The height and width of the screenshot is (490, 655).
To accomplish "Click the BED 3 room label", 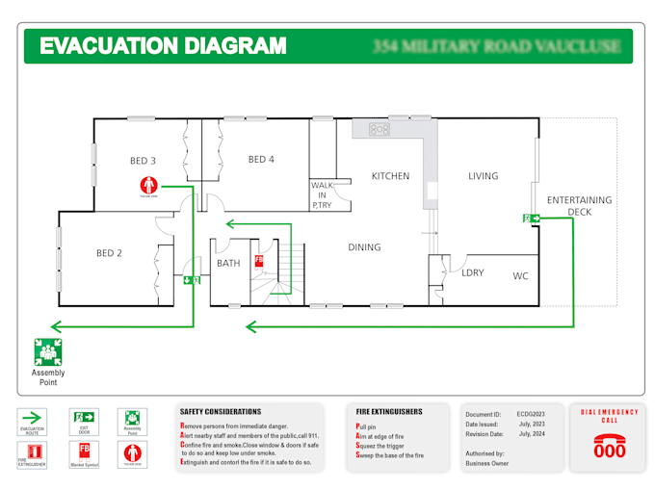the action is click(x=143, y=160).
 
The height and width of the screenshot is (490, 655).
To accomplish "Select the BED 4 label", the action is click(x=261, y=159).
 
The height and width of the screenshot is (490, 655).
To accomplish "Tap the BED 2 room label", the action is click(x=109, y=253).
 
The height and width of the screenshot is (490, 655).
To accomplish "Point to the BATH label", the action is click(x=228, y=263).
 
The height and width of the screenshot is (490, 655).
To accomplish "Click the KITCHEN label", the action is click(x=390, y=176).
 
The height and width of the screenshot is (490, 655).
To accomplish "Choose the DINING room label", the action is click(x=364, y=247).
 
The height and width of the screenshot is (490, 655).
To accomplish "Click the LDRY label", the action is click(x=472, y=272).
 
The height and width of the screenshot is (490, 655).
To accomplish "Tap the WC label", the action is click(x=520, y=276).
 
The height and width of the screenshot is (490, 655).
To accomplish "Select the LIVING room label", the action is click(x=483, y=176).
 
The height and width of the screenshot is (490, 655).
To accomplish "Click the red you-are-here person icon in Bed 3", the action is click(x=146, y=185).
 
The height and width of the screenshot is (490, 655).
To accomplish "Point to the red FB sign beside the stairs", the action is click(x=259, y=261).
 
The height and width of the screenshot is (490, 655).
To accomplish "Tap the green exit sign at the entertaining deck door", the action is click(x=531, y=219).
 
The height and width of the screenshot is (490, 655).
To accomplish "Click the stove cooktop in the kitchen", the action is click(x=378, y=128).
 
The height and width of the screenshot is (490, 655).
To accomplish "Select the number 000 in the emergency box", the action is click(x=609, y=451).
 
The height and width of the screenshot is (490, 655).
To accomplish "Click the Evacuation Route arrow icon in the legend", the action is click(x=34, y=418).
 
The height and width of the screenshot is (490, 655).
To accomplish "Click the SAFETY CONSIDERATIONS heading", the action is click(x=220, y=412).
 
